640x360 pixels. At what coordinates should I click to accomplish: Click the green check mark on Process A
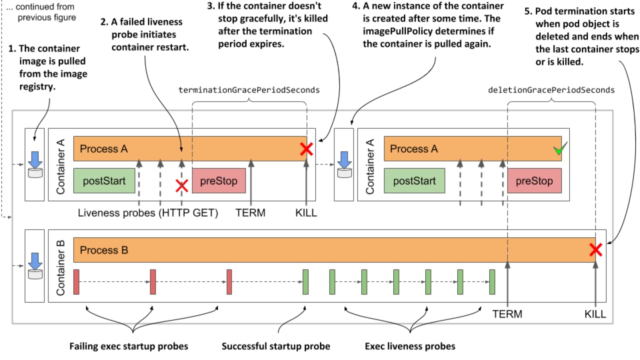[560, 149]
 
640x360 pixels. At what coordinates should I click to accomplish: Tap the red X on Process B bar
[595, 250]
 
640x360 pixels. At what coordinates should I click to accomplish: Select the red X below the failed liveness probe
[182, 186]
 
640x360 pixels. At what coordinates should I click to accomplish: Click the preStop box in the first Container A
[219, 181]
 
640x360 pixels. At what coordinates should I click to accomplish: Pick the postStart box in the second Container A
[414, 181]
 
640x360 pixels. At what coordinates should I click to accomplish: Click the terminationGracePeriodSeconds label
[249, 90]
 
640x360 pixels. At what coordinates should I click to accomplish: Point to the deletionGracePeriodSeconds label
[551, 90]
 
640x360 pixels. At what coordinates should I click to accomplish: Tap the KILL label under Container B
[595, 314]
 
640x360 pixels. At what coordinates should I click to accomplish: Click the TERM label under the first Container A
[250, 213]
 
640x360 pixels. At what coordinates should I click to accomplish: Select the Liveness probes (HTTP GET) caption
[148, 213]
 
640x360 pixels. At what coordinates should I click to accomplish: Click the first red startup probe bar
[76, 282]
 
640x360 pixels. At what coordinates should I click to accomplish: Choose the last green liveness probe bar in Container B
[492, 282]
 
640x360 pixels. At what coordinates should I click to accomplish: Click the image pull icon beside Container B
[35, 266]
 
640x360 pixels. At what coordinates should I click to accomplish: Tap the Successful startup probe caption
[276, 346]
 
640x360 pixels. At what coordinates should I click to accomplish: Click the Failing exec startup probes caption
[129, 346]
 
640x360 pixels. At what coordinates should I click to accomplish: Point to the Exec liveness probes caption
[410, 346]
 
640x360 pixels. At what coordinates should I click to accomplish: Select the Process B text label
[104, 250]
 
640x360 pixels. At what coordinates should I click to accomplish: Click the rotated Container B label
[60, 268]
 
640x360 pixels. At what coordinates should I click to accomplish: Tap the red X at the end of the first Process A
[306, 149]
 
